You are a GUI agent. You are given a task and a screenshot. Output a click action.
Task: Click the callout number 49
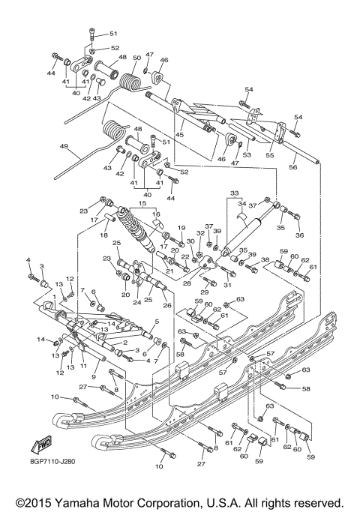pyautogui.click(x=64, y=147)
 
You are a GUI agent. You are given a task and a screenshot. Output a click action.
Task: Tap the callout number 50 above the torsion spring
pyautogui.click(x=136, y=58)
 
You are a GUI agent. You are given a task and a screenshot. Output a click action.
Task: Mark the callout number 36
pyautogui.click(x=301, y=235)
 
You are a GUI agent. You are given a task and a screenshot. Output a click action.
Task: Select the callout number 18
pyautogui.click(x=104, y=235)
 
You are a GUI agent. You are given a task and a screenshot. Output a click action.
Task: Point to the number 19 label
pyautogui.click(x=181, y=227)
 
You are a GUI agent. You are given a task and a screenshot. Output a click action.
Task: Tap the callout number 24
pyautogui.click(x=136, y=303)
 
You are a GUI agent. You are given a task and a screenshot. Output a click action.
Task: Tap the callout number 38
pyautogui.click(x=265, y=260)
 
